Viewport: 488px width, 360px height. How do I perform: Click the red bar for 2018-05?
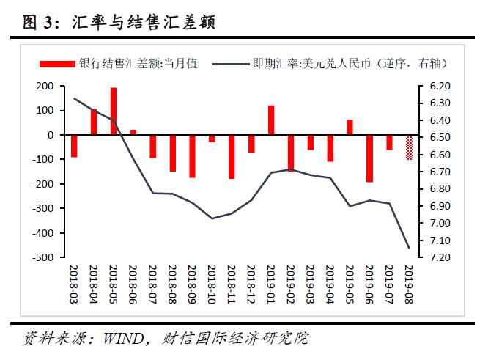pos(114,111)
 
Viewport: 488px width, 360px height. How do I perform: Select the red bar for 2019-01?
pos(271,120)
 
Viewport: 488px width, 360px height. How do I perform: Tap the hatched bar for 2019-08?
pos(409,147)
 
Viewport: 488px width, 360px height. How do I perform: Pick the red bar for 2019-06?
pos(369,158)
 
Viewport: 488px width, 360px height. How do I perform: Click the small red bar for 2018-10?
pos(212,139)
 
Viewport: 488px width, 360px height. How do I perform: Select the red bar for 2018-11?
pos(232,157)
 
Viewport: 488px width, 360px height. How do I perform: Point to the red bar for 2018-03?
pos(74,146)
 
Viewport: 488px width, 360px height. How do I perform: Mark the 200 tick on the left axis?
pos(44,87)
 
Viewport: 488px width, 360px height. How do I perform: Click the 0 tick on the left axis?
pos(50,136)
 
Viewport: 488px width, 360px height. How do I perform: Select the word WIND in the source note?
pos(122,339)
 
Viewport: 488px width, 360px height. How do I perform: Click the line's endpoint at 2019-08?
pos(409,248)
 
